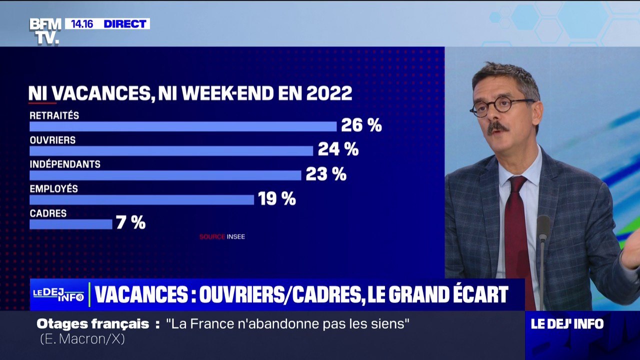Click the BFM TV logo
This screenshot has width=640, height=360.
45,31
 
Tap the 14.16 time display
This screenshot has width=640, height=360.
82,23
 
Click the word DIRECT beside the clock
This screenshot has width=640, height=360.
125,23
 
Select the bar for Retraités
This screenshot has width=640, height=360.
183,126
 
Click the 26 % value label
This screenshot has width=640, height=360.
361,125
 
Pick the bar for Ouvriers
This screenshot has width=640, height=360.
171,151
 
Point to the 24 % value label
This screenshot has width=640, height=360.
337,149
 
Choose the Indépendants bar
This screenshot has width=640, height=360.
165,175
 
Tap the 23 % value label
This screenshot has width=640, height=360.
325,174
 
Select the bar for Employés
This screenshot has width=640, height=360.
142,199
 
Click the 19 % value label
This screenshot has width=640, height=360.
277,198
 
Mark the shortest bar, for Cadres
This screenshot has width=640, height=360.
71,224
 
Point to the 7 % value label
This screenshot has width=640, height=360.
130,222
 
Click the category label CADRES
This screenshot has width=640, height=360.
48,213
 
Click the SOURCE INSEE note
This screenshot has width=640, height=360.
222,236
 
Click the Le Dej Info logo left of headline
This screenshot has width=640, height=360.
58,295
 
